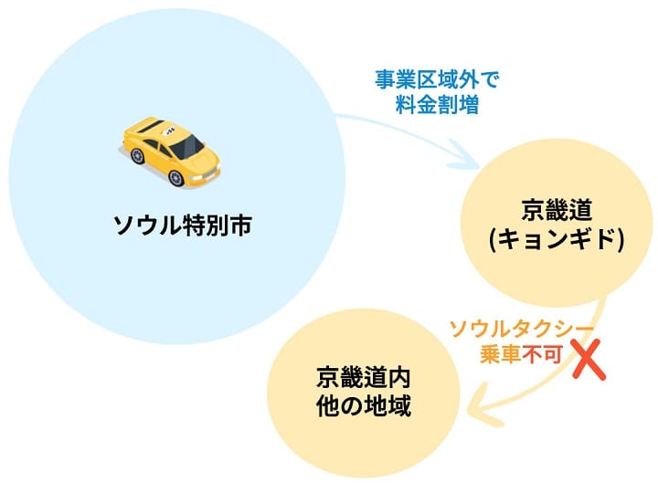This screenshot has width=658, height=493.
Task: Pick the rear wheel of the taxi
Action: tap(138, 156)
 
